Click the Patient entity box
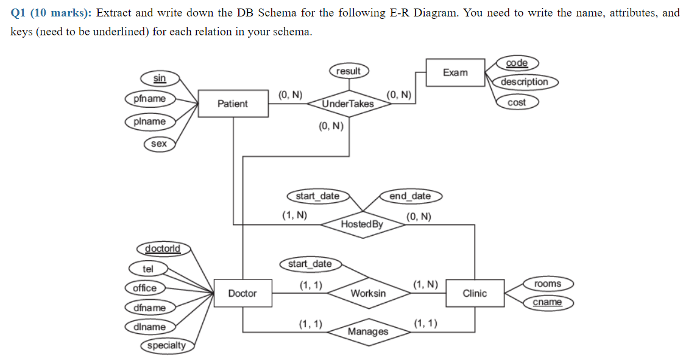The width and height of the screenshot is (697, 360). point(233,104)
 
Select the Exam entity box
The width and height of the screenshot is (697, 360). point(456,73)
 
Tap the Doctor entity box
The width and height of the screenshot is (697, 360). point(242,294)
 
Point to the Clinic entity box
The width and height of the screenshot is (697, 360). point(475,294)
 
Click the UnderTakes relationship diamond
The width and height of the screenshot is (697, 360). point(348,104)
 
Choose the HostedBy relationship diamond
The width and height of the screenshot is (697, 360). point(363,224)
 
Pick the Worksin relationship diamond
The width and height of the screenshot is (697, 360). point(368,294)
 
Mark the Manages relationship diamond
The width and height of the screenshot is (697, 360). point(368,332)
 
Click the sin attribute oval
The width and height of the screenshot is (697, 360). point(160,78)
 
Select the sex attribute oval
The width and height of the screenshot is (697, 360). point(159,144)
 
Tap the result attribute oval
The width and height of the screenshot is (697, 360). point(348,71)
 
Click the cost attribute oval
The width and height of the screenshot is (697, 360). point(517,102)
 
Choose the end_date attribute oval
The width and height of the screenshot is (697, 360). point(410,196)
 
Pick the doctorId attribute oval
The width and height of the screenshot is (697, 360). point(163,249)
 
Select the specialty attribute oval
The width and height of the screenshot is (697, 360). point(168,345)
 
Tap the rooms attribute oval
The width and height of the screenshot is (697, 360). point(547,284)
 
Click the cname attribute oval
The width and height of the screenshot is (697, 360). point(547,302)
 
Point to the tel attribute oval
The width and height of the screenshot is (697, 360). point(148,269)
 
